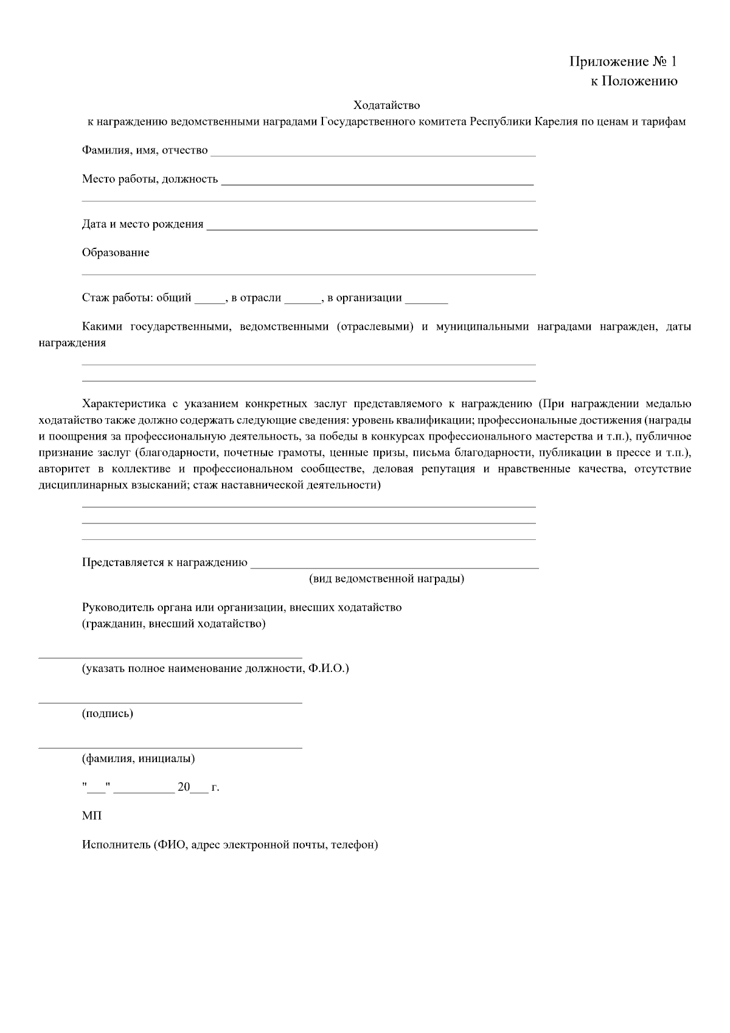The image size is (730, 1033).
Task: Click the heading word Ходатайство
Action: (x=386, y=105)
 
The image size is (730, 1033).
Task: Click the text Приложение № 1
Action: (x=622, y=61)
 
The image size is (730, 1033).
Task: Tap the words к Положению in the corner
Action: (x=634, y=81)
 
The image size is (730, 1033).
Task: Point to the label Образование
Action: (x=116, y=253)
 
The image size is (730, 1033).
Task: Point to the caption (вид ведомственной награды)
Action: (x=386, y=578)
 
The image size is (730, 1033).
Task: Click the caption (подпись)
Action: (x=108, y=713)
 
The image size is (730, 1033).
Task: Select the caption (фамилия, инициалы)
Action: (x=139, y=758)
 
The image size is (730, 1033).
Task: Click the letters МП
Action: (x=92, y=816)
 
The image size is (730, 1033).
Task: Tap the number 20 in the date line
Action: (x=184, y=787)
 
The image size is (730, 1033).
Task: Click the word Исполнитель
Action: (x=116, y=845)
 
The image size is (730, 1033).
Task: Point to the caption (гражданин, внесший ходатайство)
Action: (x=174, y=623)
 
